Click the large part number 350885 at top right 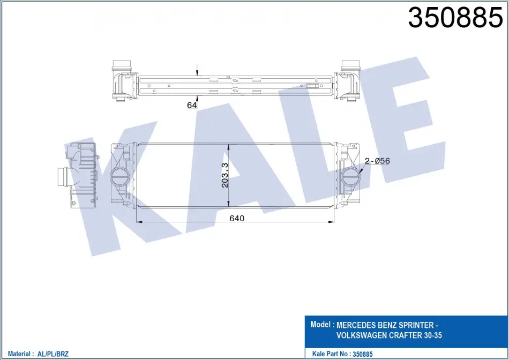455,17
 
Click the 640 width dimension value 237,218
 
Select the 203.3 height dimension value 224,175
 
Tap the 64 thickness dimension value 192,105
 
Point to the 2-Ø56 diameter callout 377,161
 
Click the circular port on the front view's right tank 350,177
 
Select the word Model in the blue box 321,324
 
